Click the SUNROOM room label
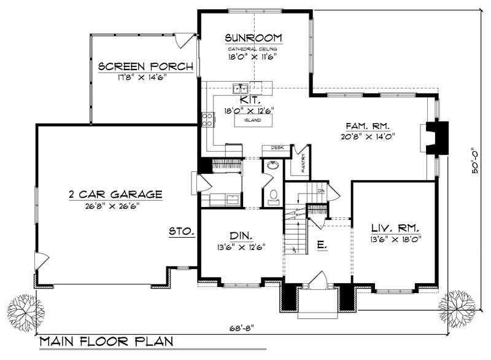pyautogui.click(x=252, y=37)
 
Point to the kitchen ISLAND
pyautogui.click(x=252, y=120)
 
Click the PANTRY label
pyautogui.click(x=303, y=163)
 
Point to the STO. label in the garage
pyautogui.click(x=182, y=232)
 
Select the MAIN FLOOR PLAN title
pyautogui.click(x=106, y=342)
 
